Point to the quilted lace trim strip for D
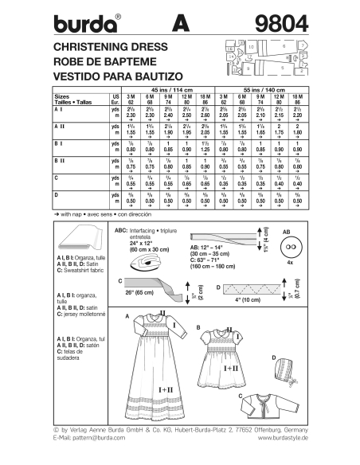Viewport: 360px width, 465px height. pyautogui.click(x=263, y=286)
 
